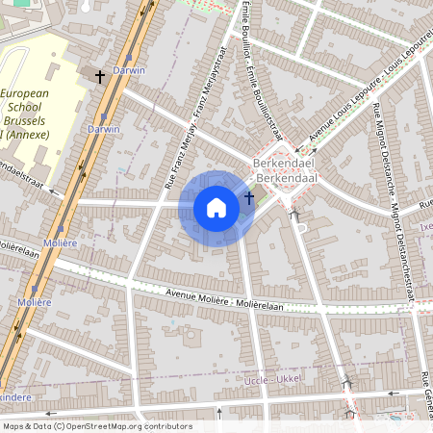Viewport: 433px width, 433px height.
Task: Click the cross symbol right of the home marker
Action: pos(249,197)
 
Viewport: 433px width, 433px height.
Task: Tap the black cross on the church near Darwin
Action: pos(99,75)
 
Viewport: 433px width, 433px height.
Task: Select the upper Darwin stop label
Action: pos(129,70)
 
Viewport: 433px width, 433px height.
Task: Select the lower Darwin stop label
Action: pos(104,128)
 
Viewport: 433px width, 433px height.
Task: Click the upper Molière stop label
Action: pos(60,243)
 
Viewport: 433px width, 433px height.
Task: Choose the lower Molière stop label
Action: pos(34,301)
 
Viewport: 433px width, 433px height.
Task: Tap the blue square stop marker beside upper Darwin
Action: pos(128,57)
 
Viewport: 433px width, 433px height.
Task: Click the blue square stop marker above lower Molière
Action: pos(36,288)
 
